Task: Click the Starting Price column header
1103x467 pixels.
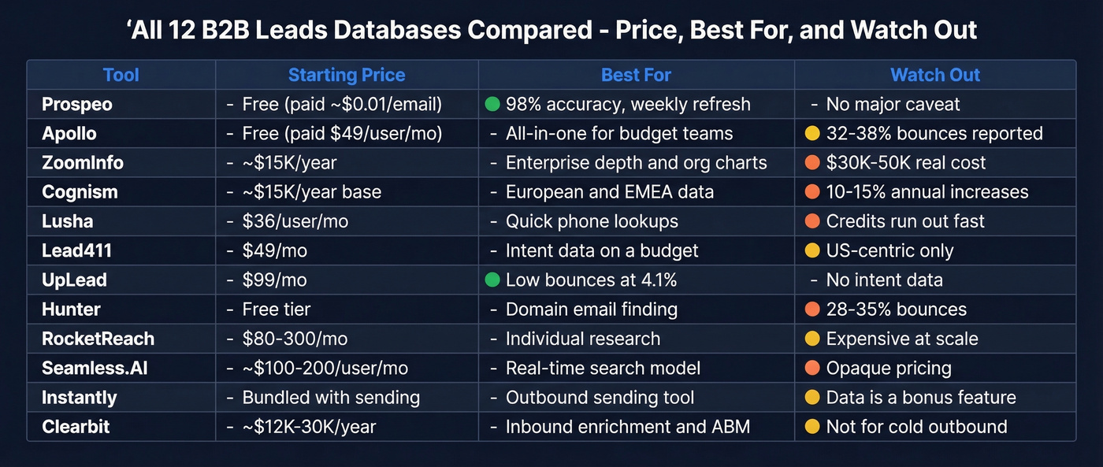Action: click(x=346, y=76)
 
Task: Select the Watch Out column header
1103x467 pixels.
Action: click(x=935, y=76)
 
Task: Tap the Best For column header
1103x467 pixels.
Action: click(x=636, y=76)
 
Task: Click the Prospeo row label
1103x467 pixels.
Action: click(x=76, y=104)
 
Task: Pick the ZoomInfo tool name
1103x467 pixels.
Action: click(x=83, y=163)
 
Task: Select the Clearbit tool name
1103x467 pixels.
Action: click(x=76, y=427)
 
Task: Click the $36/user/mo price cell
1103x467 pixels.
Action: click(x=295, y=221)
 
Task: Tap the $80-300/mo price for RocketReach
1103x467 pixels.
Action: click(x=295, y=339)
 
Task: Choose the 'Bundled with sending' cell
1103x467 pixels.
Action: click(x=331, y=398)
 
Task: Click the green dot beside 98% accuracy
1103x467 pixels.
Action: click(x=492, y=104)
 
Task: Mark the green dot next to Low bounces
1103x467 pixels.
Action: click(x=492, y=280)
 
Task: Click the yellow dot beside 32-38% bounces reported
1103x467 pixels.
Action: click(x=811, y=134)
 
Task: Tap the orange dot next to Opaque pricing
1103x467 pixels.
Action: click(x=811, y=369)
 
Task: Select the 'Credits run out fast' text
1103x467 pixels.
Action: click(x=905, y=221)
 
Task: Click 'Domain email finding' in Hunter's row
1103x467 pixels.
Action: click(x=591, y=309)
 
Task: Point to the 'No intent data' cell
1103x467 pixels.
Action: click(x=884, y=280)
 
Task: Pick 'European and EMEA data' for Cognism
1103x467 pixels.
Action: click(x=609, y=192)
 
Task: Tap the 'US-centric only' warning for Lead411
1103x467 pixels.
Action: click(x=889, y=251)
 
